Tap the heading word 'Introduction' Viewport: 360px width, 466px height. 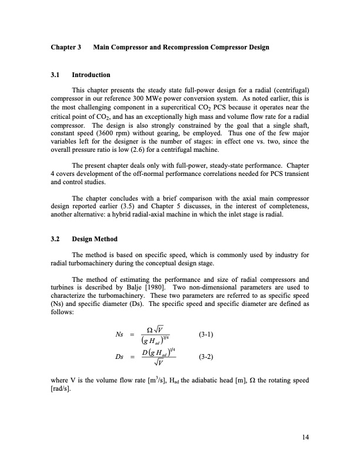91,75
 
